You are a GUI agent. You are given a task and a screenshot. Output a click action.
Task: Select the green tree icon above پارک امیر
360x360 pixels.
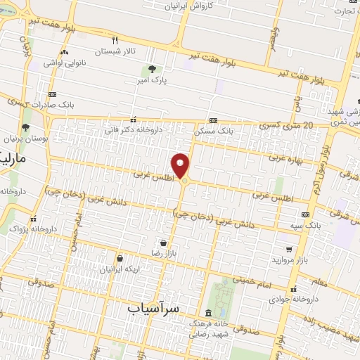point(152,69)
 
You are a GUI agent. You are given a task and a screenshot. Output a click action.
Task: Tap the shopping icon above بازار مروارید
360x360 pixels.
point(289,249)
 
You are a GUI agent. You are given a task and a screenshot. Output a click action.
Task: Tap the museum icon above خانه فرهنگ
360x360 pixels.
point(206,312)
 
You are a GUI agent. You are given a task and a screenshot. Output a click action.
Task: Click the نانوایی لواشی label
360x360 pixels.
point(63,63)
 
